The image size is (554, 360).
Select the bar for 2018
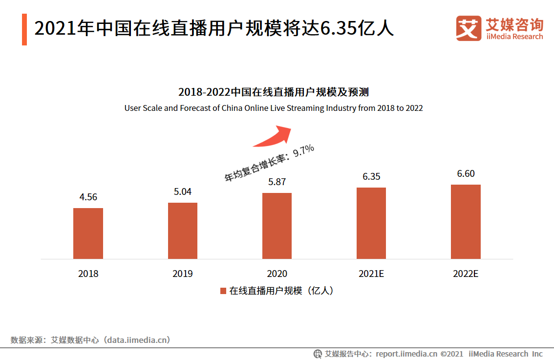click(x=88, y=233)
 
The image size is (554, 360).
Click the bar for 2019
click(x=183, y=231)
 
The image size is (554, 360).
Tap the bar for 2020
click(x=277, y=226)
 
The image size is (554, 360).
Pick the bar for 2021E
click(x=371, y=223)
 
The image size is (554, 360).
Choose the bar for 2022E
click(x=466, y=222)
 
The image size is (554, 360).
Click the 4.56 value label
click(x=88, y=197)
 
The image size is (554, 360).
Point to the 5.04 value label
click(x=183, y=192)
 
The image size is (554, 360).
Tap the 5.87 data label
click(x=277, y=182)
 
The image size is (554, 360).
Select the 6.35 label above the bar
click(x=371, y=176)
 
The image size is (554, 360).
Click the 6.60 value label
click(x=466, y=174)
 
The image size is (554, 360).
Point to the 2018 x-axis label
click(x=88, y=274)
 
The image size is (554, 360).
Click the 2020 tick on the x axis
click(x=277, y=274)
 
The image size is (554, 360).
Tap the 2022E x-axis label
click(x=466, y=274)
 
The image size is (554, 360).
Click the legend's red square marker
click(x=223, y=291)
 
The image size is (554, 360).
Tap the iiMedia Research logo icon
click(x=469, y=28)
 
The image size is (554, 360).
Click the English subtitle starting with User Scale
click(x=274, y=108)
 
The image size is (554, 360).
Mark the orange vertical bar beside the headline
click(x=24, y=30)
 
